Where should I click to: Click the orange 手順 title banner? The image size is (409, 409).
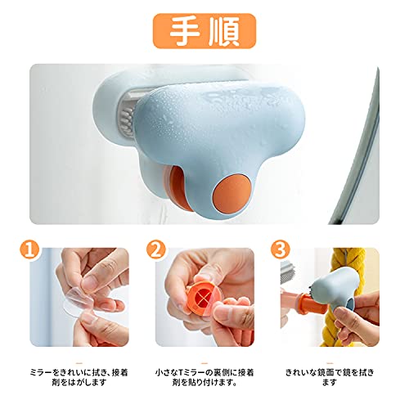pyautogui.click(x=204, y=31)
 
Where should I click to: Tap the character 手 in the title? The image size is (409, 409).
pyautogui.click(x=185, y=31)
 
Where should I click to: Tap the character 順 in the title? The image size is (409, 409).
pyautogui.click(x=224, y=31)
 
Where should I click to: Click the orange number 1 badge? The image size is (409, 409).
pyautogui.click(x=29, y=249)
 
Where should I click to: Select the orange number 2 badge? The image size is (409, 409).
pyautogui.click(x=155, y=249)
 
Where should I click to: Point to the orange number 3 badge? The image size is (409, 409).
pyautogui.click(x=280, y=249)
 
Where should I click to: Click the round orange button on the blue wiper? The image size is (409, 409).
pyautogui.click(x=231, y=194)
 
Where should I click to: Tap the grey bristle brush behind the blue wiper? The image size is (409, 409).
pyautogui.click(x=126, y=119)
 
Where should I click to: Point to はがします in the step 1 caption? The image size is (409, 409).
pyautogui.click(x=86, y=382)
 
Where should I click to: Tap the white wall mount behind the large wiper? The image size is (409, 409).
pyautogui.click(x=109, y=109)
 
